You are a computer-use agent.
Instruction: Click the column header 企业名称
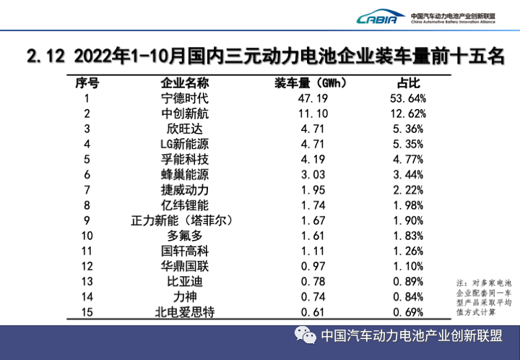tap(184, 82)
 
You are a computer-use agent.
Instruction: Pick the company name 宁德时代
tap(184, 98)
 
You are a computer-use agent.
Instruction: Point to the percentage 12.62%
tap(408, 113)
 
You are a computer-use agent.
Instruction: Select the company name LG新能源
tap(184, 144)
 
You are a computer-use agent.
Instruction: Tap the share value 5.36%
tap(408, 129)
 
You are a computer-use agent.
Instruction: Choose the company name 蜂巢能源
tap(184, 174)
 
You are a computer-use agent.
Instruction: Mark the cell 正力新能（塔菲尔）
tap(184, 220)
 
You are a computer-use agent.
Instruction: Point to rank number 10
tap(87, 236)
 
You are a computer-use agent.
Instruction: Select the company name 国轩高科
tap(184, 251)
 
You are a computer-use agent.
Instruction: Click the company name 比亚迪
tap(184, 281)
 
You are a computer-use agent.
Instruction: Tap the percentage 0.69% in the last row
tap(408, 312)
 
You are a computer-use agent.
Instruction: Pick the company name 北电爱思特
tap(184, 312)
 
